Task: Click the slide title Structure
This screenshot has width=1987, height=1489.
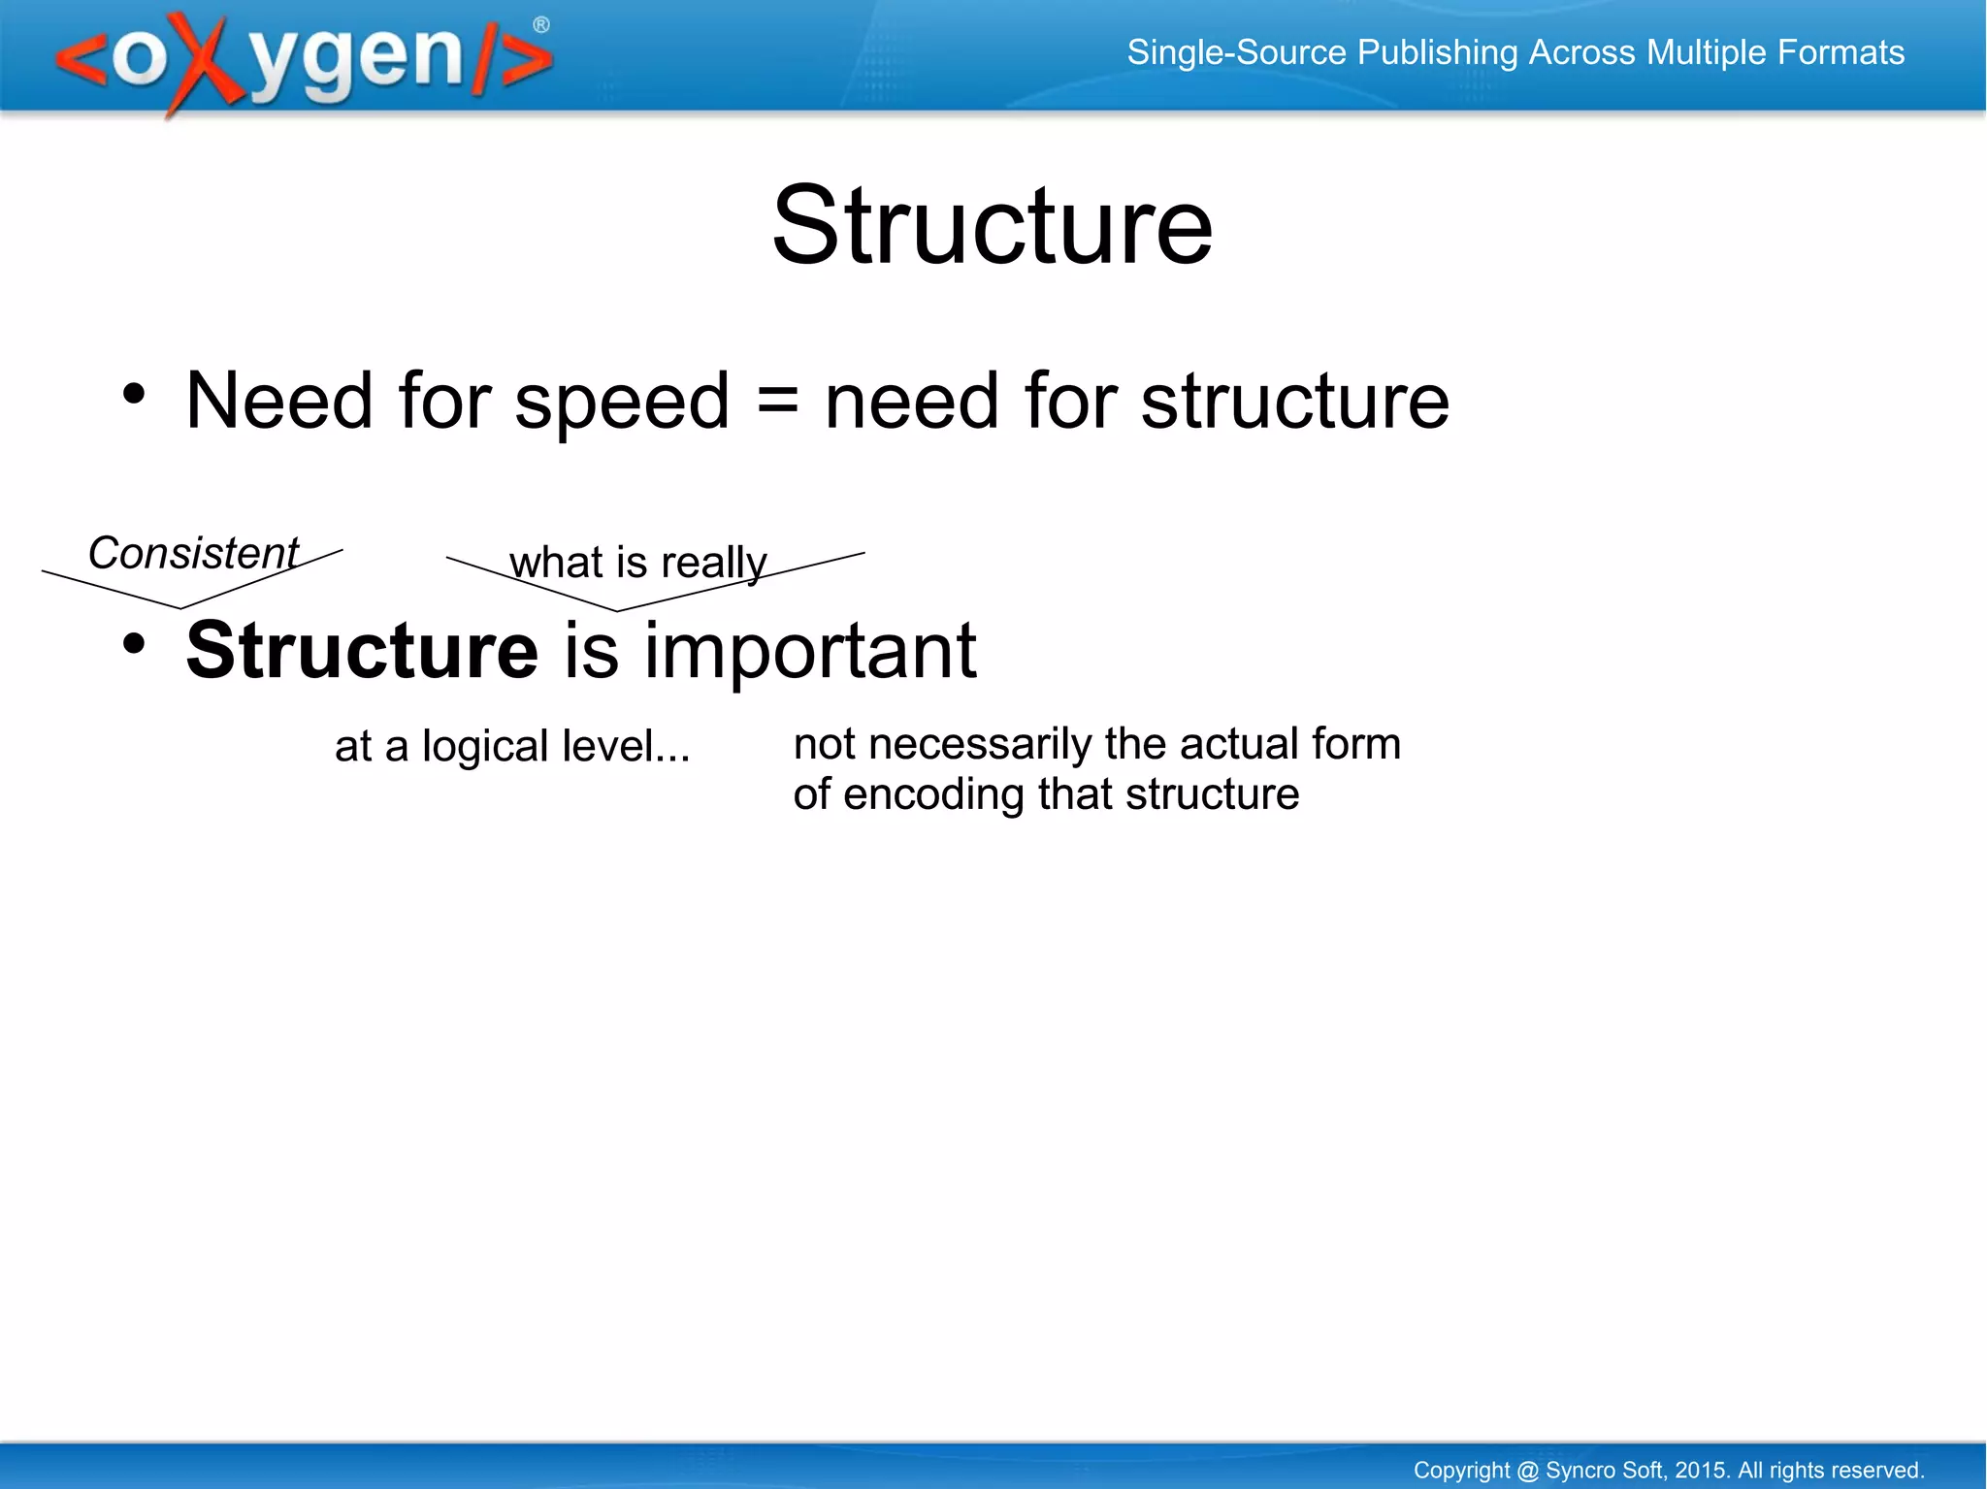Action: click(x=992, y=227)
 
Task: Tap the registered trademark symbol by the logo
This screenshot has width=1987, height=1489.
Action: click(x=541, y=25)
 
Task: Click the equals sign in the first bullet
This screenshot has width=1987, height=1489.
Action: click(x=776, y=402)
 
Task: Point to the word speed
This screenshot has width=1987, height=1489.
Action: click(x=621, y=402)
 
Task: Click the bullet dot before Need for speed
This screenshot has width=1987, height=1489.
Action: click(x=134, y=394)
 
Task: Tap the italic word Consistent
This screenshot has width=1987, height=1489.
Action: click(x=193, y=553)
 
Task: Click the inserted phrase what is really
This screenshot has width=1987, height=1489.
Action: click(x=637, y=563)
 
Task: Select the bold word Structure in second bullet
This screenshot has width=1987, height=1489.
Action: click(x=362, y=650)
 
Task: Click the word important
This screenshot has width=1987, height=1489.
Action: click(x=810, y=652)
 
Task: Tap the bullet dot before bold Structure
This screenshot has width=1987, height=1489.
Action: click(x=134, y=643)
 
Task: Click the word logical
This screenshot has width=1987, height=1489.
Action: click(x=485, y=747)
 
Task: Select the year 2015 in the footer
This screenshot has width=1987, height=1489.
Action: click(x=1700, y=1470)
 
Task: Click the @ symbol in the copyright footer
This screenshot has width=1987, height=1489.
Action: click(x=1527, y=1470)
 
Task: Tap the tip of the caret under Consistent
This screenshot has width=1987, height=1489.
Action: click(x=180, y=608)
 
